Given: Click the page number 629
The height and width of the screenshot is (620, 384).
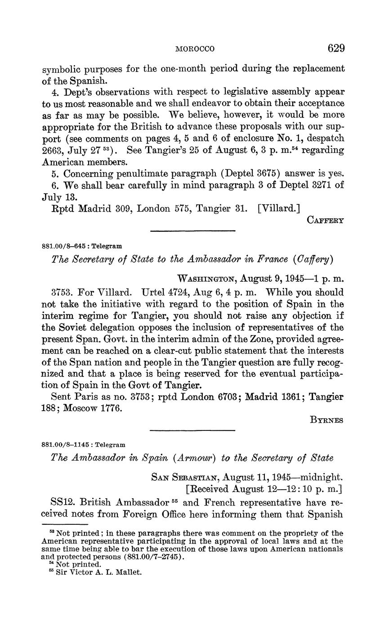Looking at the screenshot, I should point(336,48).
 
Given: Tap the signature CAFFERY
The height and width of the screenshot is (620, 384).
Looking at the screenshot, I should point(326,220).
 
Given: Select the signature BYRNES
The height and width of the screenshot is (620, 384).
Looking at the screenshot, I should point(326,420).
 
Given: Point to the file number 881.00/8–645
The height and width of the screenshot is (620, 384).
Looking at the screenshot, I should point(63,246).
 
